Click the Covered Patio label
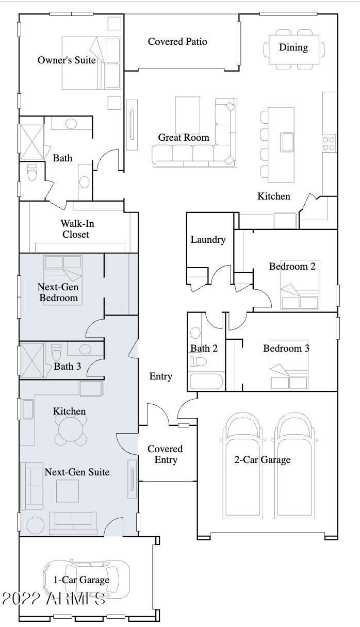[177, 42]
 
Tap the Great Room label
[184, 138]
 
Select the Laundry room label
[208, 240]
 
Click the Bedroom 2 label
[292, 266]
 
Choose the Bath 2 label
[204, 349]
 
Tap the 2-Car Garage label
[263, 460]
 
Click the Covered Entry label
[165, 454]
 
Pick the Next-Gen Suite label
[77, 472]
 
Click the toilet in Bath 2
[198, 361]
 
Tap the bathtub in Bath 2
[206, 381]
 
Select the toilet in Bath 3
[56, 352]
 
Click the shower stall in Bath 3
[32, 360]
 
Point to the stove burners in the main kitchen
[329, 143]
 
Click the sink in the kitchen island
[287, 142]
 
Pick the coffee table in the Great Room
[188, 115]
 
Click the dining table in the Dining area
[294, 49]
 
